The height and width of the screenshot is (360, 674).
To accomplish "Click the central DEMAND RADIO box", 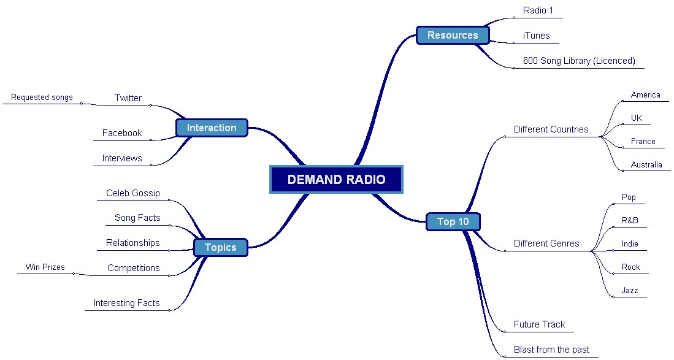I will pyautogui.click(x=336, y=180).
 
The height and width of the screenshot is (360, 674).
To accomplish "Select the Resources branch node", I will pyautogui.click(x=453, y=35).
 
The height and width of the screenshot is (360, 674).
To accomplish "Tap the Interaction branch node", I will pyautogui.click(x=212, y=128).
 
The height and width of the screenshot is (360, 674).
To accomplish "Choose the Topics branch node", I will pyautogui.click(x=220, y=247).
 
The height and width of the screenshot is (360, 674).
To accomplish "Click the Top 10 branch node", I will pyautogui.click(x=453, y=221).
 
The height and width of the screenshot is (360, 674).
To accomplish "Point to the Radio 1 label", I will pyautogui.click(x=538, y=10).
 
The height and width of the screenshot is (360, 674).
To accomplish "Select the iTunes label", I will pyautogui.click(x=536, y=36).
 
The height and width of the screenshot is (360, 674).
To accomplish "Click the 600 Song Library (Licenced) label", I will pyautogui.click(x=578, y=61).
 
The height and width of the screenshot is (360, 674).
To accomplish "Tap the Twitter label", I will pyautogui.click(x=128, y=98).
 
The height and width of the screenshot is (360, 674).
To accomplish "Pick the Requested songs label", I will pyautogui.click(x=42, y=98).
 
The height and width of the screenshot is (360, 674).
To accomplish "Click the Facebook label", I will pyautogui.click(x=121, y=133).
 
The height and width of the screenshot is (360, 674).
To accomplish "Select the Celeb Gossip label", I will pyautogui.click(x=132, y=193).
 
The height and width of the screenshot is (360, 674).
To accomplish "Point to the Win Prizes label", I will pyautogui.click(x=45, y=267).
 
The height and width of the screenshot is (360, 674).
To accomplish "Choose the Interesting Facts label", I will pyautogui.click(x=126, y=303).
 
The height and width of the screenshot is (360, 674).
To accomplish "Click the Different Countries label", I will pyautogui.click(x=551, y=129).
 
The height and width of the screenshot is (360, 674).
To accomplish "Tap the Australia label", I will pyautogui.click(x=646, y=165).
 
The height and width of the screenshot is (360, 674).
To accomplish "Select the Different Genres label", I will pyautogui.click(x=546, y=243).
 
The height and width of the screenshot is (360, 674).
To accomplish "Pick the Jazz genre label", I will pyautogui.click(x=630, y=291).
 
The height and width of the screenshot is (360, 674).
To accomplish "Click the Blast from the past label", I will pyautogui.click(x=551, y=350).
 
